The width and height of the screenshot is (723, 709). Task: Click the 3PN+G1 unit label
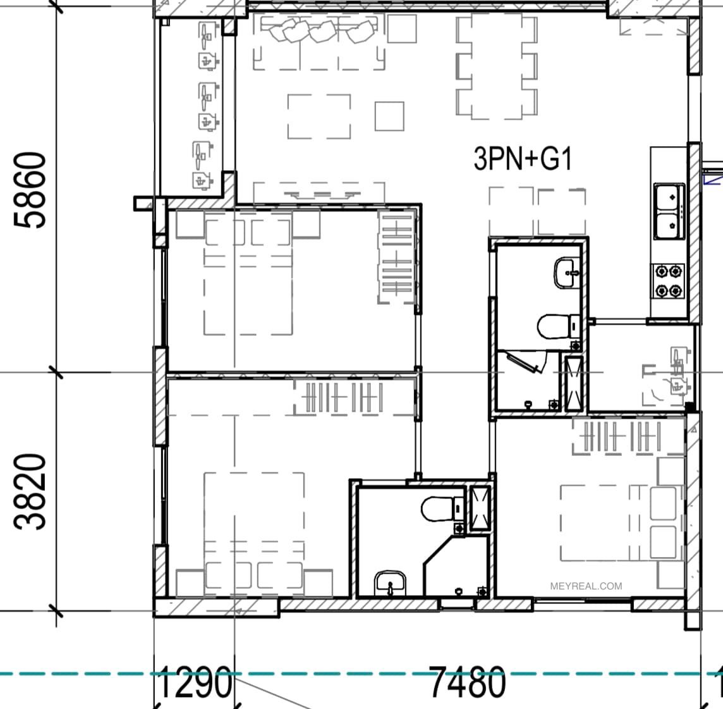[523, 158]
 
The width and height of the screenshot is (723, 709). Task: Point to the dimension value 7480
[468, 682]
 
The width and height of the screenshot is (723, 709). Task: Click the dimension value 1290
[193, 682]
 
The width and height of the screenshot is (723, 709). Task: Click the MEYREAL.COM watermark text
[586, 586]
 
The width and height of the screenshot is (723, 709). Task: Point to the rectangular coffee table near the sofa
[319, 116]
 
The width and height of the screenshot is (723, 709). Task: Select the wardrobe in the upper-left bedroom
[397, 257]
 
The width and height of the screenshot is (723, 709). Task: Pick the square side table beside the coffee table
[389, 116]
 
